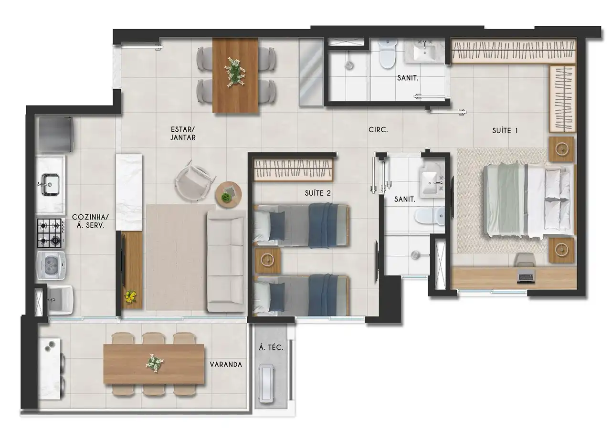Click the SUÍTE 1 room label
click(x=505, y=131)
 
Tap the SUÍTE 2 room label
click(x=318, y=193)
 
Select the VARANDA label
click(x=226, y=365)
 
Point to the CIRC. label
click(x=378, y=130)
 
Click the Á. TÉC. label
click(x=271, y=347)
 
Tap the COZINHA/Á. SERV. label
click(x=90, y=221)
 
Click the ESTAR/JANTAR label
click(x=183, y=134)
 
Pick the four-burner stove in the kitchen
click(x=51, y=233)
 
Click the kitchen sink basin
click(x=50, y=184)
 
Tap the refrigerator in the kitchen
click(x=55, y=135)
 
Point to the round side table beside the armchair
click(x=228, y=195)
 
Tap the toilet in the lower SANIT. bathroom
click(x=429, y=216)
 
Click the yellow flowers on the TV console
click(x=130, y=296)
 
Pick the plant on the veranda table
click(x=154, y=363)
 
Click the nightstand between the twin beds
click(x=267, y=260)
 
